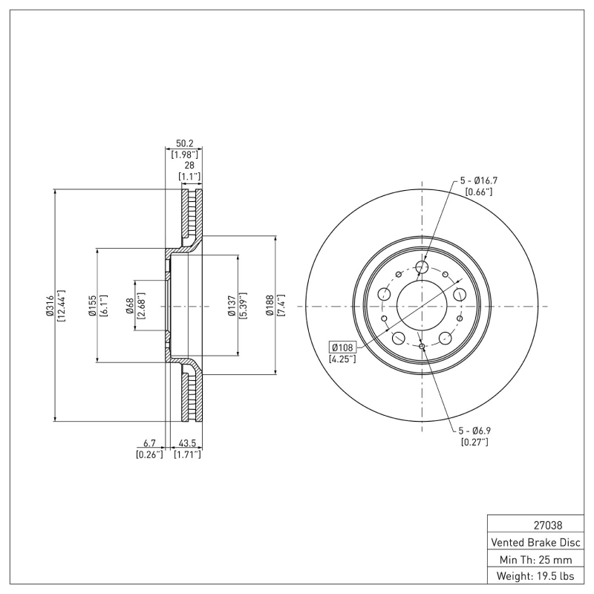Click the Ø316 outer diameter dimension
pyautogui.click(x=50, y=306)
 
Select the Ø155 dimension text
pyautogui.click(x=92, y=306)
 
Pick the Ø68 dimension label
pyautogui.click(x=129, y=306)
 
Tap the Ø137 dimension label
pyautogui.click(x=232, y=306)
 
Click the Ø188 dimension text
pyautogui.click(x=271, y=306)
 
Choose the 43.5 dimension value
pyautogui.click(x=187, y=444)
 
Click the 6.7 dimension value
pyautogui.click(x=149, y=444)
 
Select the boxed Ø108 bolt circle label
pyautogui.click(x=342, y=347)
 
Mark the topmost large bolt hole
pyautogui.click(x=422, y=267)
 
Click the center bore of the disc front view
pyautogui.click(x=422, y=306)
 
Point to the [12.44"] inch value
pyautogui.click(x=61, y=306)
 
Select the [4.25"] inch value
pyautogui.click(x=342, y=359)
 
